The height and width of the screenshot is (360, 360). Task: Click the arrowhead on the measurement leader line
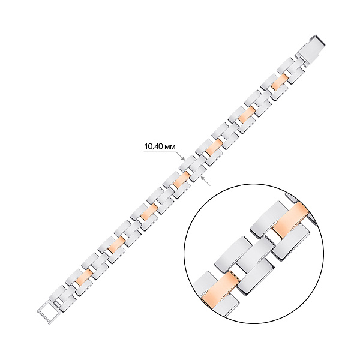click(183, 158)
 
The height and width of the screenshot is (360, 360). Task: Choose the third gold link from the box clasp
click(214, 148)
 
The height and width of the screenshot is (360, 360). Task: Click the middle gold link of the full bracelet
click(182, 178)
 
